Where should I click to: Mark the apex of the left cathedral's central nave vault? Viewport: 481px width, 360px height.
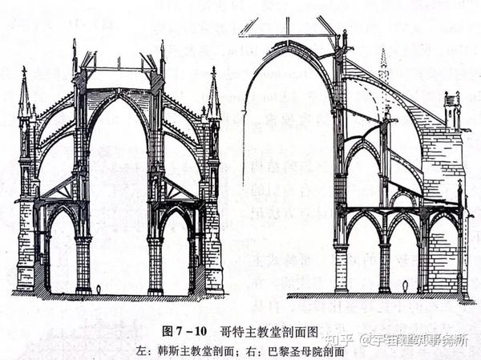tap(119, 95)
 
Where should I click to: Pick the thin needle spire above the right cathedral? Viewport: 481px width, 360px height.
tap(383, 64)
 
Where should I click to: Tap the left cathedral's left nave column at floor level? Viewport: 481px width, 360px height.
tap(83, 265)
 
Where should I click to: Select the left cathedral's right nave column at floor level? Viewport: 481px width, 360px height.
tap(155, 265)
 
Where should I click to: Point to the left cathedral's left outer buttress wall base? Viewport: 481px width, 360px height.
tap(26, 257)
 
